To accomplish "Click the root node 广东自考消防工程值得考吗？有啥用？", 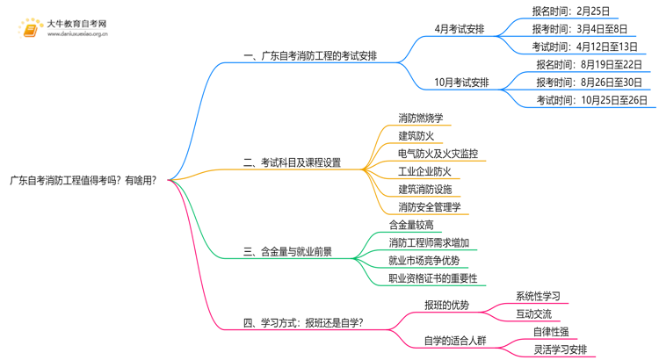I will (83, 180).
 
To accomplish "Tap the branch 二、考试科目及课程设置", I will (292, 162).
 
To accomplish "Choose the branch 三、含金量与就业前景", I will (287, 251).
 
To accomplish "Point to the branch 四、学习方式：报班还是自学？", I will (303, 322).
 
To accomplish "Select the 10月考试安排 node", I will (461, 83).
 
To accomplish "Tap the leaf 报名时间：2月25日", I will (570, 11).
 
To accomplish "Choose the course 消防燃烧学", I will (420, 119).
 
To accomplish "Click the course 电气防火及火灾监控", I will (438, 154).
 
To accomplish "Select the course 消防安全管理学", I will (429, 207).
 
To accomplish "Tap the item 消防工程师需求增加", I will (429, 242).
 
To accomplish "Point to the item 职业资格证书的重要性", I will (433, 278).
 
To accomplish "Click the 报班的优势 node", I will (446, 305).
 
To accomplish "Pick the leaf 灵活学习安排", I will (560, 349).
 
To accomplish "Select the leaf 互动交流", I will (533, 313).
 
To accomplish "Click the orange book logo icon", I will (29, 29).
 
